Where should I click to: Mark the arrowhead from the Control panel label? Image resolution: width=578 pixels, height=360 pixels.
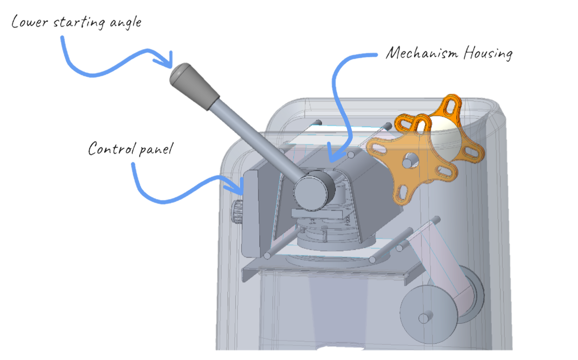239,189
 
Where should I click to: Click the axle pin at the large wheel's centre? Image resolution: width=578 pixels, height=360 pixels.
423,318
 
